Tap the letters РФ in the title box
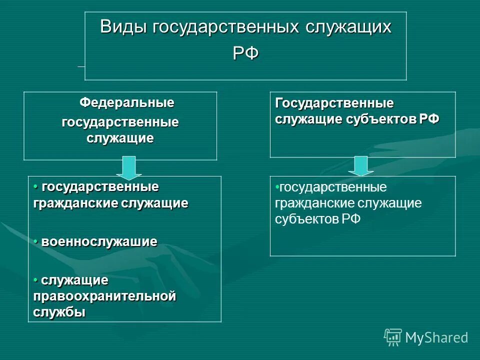(245, 52)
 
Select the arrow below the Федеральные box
(129, 167)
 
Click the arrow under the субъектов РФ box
(361, 166)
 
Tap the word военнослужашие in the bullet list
(99, 242)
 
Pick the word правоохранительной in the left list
(104, 296)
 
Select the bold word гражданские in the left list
(74, 203)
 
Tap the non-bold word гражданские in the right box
(308, 203)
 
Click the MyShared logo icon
(392, 337)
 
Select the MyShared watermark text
(436, 337)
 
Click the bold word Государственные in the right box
(334, 103)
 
